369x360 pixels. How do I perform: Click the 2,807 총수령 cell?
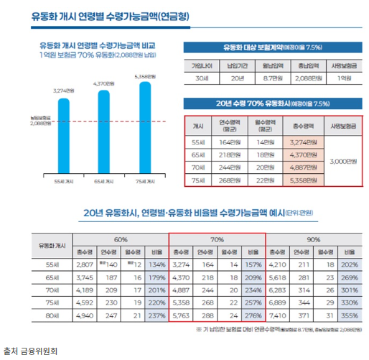[x=84, y=264]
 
